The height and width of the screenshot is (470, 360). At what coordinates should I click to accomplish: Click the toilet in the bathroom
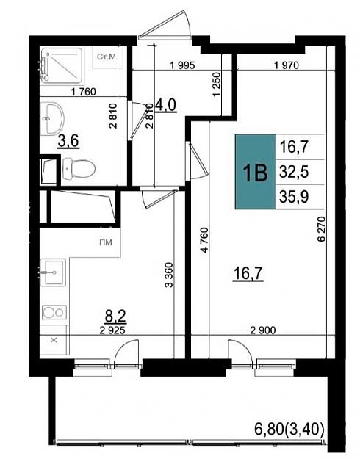pos(79,168)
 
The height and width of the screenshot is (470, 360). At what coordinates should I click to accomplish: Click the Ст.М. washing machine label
pos(107,57)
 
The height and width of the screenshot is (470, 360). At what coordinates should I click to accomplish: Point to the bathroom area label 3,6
pos(68,141)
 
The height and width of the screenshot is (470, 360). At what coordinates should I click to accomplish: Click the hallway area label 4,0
pos(165,105)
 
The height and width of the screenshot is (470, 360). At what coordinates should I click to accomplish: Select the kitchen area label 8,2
pos(115,317)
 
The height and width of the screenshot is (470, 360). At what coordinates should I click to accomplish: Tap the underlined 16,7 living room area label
pos(248,273)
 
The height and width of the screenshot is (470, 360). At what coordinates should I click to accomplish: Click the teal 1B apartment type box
pos(255,171)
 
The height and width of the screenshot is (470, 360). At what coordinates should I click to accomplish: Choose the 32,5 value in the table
pos(294,172)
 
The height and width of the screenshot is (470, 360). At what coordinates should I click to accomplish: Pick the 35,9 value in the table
pos(294,197)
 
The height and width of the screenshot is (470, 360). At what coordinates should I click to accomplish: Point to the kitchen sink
pos(54,272)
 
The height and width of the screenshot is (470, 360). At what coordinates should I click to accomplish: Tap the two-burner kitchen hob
pos(54,313)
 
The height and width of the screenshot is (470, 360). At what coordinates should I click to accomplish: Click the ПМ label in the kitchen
pos(106,242)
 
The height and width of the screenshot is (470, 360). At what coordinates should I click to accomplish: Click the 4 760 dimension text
pos(204,240)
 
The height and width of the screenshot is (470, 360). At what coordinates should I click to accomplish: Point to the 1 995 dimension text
pos(182,65)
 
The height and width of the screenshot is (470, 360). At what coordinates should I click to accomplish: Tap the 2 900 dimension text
pos(263,330)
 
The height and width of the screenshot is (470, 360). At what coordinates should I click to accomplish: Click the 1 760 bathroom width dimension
pos(84,91)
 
